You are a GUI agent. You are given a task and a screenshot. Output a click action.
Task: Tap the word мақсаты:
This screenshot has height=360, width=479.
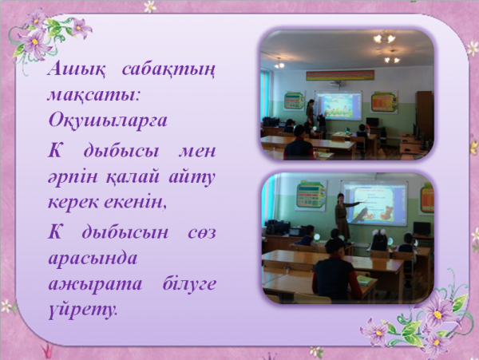coord(93,95)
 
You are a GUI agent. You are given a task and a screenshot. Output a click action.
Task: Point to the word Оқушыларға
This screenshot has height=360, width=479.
coord(108,121)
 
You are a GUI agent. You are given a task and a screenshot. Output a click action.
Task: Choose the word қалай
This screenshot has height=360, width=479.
coord(133,176)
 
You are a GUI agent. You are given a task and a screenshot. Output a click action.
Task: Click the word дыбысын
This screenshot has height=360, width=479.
coord(125,233)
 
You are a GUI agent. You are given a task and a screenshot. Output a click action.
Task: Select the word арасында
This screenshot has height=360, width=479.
coord(93,259)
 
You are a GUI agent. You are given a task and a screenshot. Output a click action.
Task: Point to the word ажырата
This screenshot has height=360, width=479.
coord(95,284)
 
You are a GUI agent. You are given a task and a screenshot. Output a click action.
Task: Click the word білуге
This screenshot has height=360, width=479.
coord(189,283)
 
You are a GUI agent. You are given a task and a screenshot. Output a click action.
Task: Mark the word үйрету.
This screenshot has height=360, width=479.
coord(82,311)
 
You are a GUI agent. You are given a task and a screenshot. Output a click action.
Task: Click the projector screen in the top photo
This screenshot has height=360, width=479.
coord(338,105)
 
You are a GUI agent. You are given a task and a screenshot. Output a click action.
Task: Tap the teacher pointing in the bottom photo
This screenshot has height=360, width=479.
coord(343,216)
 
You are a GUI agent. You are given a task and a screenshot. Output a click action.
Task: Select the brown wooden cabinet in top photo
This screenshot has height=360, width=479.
coord(425,115)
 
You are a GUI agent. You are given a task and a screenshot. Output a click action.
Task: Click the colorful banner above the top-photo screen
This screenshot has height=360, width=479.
coord(340,75)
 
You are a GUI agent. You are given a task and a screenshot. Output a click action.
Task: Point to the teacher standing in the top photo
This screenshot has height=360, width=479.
coord(310,112)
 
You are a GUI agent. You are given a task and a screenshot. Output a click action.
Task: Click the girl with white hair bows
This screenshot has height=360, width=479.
coord(380,240)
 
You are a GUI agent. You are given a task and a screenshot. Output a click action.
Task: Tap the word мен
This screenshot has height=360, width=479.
coord(197,152)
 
